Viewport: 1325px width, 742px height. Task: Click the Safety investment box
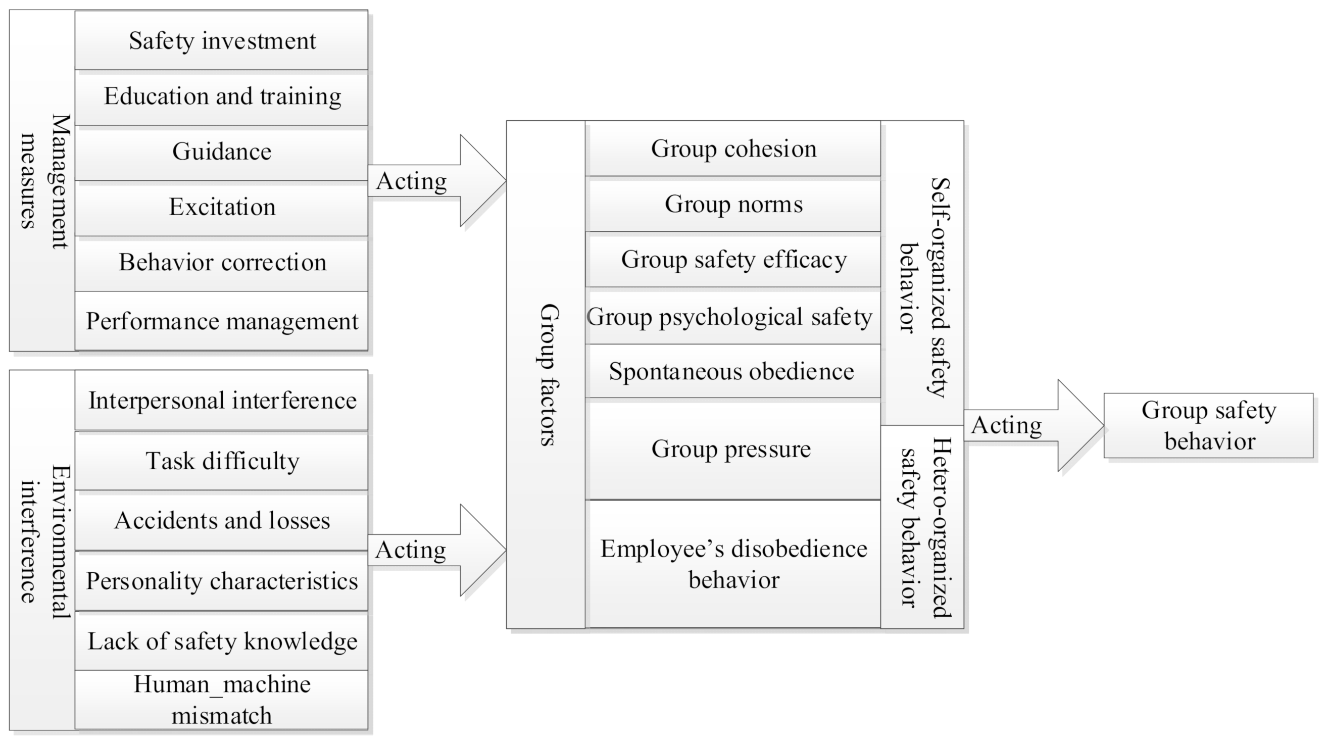[222, 40]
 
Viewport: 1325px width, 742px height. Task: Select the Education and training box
[222, 96]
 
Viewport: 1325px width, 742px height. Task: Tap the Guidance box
[222, 152]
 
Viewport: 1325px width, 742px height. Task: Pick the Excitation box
[222, 208]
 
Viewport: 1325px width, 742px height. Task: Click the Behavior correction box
[222, 263]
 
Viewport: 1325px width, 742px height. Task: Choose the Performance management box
[222, 321]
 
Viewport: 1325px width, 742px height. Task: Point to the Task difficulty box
[222, 461]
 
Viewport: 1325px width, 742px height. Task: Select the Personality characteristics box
[222, 581]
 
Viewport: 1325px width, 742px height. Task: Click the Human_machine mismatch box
[222, 700]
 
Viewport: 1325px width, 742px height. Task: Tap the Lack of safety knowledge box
[222, 641]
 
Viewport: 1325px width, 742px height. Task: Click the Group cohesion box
[733, 149]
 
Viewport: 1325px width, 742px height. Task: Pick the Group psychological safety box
[733, 317]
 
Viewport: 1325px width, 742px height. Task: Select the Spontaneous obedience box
[733, 371]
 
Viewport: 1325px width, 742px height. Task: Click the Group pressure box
[733, 450]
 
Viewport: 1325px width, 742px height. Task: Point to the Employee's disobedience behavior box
[733, 564]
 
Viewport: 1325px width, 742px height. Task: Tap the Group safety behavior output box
[1208, 426]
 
